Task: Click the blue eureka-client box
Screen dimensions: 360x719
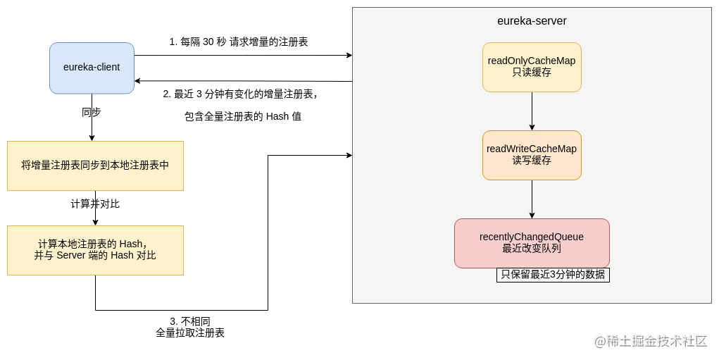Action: pos(92,68)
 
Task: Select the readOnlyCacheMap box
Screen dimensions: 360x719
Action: pos(532,67)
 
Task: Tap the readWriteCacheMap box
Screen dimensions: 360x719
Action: pos(532,155)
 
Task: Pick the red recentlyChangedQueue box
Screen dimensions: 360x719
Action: pos(532,243)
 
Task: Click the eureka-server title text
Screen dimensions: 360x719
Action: pos(532,21)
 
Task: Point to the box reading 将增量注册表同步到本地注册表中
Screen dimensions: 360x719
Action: pos(95,166)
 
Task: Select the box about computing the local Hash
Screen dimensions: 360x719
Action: pos(95,250)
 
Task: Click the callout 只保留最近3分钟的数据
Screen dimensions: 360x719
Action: pos(553,275)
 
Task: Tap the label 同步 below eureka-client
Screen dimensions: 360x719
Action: pos(92,112)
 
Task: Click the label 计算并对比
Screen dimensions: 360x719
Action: pos(95,204)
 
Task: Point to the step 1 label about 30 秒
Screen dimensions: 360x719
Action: pos(239,42)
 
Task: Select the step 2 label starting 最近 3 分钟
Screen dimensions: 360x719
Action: pos(240,94)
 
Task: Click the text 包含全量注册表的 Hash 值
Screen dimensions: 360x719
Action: pos(243,116)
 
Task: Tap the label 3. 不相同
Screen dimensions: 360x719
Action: pos(190,321)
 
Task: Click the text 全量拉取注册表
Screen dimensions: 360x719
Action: pos(190,333)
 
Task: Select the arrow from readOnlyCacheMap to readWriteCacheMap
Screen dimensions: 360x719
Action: pos(532,111)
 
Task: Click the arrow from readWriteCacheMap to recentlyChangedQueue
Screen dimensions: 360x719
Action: pos(532,199)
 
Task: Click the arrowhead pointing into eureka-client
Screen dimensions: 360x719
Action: pos(138,80)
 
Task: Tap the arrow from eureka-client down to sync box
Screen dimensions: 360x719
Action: pos(92,127)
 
